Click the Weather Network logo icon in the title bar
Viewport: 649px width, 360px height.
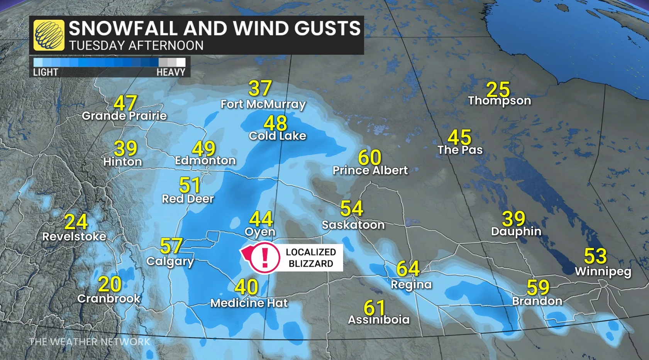[49, 35]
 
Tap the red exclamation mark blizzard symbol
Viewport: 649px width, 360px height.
[264, 258]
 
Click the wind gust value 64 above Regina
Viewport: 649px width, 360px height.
[408, 269]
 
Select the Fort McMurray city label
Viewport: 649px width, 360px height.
[263, 104]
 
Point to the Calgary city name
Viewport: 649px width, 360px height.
[170, 261]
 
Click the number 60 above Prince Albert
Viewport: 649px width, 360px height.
[369, 157]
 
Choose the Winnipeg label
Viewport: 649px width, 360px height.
[603, 271]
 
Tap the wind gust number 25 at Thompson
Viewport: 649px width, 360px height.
[498, 90]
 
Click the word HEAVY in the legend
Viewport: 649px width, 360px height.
[171, 72]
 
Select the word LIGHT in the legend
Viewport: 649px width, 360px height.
[46, 72]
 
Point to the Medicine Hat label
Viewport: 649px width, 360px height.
[249, 303]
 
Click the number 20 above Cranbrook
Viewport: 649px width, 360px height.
[110, 284]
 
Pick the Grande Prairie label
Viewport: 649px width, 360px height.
[124, 116]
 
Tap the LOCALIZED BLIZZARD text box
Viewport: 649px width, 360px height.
[310, 258]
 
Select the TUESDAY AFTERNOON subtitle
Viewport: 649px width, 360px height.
[136, 46]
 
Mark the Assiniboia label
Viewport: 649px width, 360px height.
[379, 319]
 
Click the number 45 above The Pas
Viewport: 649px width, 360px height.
[459, 137]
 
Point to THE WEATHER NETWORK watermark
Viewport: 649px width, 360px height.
[90, 342]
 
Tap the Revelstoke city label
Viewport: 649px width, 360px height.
[74, 237]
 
